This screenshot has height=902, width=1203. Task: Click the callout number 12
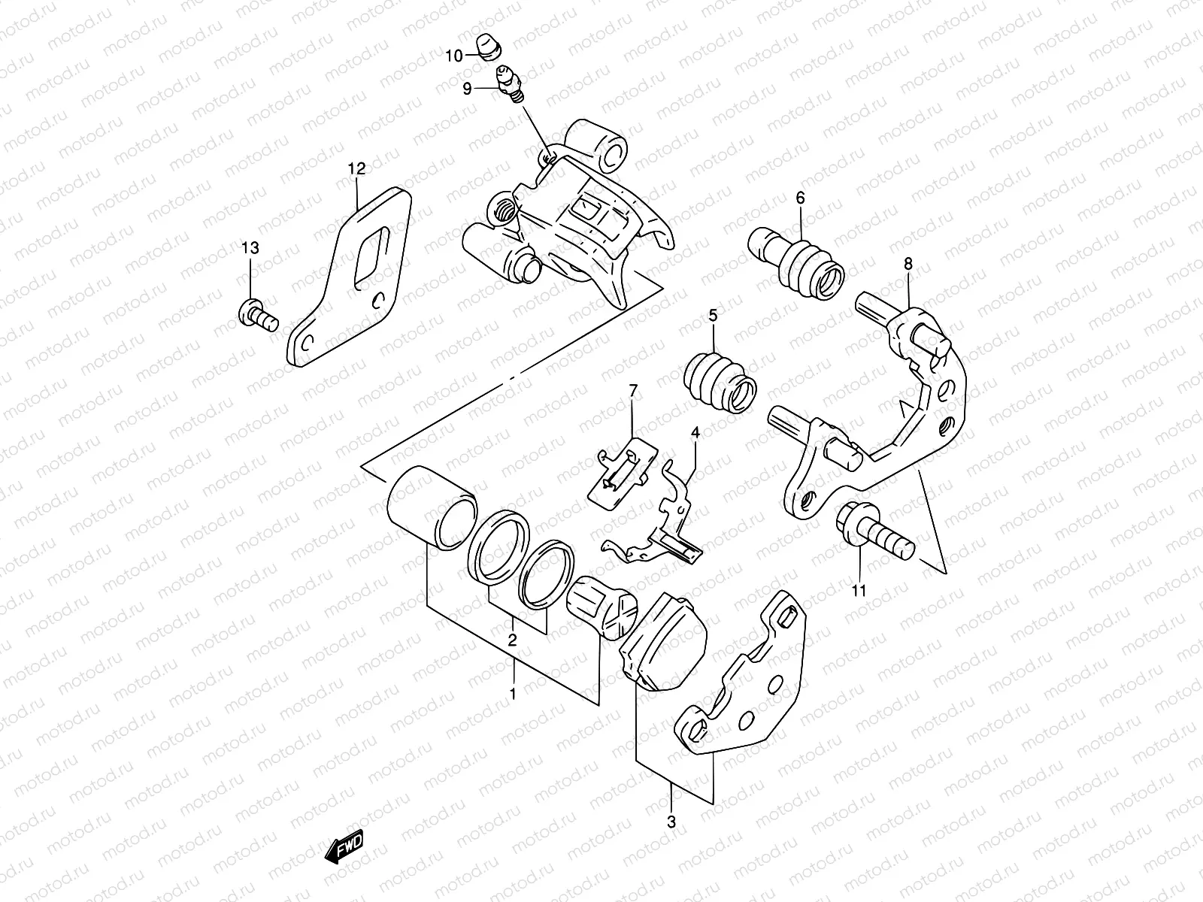tap(356, 169)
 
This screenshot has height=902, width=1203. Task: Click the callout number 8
tap(908, 263)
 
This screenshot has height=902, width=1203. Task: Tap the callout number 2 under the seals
tap(512, 640)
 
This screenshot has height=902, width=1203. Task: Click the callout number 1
tap(513, 694)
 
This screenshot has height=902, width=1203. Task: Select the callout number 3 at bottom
tap(671, 822)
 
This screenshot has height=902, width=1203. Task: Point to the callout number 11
tap(859, 590)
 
